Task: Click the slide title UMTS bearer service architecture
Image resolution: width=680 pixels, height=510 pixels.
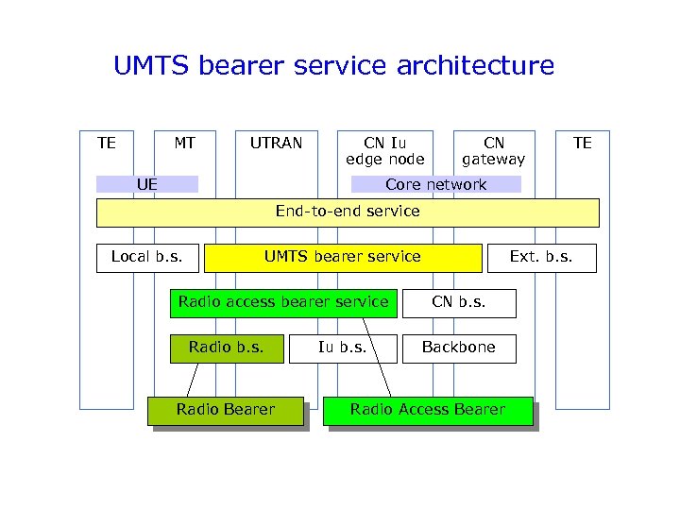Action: pyautogui.click(x=333, y=66)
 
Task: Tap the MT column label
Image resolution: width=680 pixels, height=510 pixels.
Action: pyautogui.click(x=184, y=144)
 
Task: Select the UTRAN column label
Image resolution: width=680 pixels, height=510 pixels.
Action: pyautogui.click(x=276, y=144)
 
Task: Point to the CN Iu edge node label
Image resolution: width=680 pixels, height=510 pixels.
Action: pyautogui.click(x=385, y=151)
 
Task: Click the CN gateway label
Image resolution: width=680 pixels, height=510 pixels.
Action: pyautogui.click(x=493, y=151)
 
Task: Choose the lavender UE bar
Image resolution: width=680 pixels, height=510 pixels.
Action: pyautogui.click(x=147, y=184)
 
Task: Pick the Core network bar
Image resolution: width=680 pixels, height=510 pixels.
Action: pyautogui.click(x=435, y=184)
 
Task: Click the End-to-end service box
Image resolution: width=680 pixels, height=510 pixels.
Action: pyautogui.click(x=348, y=212)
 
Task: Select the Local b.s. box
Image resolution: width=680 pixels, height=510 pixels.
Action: pyautogui.click(x=146, y=257)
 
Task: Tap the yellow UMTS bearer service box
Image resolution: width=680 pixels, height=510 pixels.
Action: pyautogui.click(x=343, y=257)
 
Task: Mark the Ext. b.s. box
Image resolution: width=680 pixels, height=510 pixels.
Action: pyautogui.click(x=541, y=257)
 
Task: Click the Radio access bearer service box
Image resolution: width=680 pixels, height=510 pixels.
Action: pyautogui.click(x=283, y=302)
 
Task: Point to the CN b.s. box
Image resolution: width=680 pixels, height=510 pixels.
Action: pyautogui.click(x=458, y=302)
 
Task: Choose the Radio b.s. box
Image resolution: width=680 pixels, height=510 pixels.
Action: pyautogui.click(x=227, y=348)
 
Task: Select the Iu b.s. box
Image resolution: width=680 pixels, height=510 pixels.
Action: pyautogui.click(x=342, y=348)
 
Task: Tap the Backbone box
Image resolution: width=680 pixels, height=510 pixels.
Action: pyautogui.click(x=459, y=348)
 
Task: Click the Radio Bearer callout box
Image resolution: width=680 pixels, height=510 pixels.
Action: pyautogui.click(x=226, y=410)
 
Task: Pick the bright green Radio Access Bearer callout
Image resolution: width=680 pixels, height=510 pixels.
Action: pyautogui.click(x=428, y=410)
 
